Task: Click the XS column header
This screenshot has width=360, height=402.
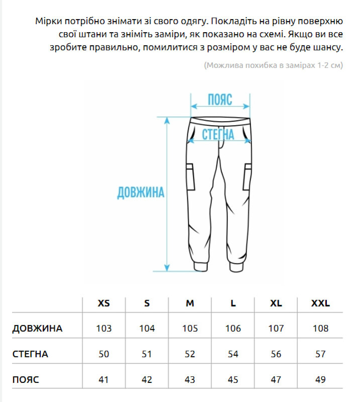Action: click(103, 304)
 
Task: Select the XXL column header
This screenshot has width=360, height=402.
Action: click(320, 304)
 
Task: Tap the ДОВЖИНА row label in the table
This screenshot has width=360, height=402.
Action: click(38, 329)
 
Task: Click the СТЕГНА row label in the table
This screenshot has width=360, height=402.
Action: click(30, 354)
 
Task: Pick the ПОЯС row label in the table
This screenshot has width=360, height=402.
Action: click(26, 380)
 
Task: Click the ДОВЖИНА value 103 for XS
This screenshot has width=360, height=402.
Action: click(103, 329)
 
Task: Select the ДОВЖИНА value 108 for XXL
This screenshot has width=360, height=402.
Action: click(320, 329)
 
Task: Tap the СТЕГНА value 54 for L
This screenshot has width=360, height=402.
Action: click(233, 354)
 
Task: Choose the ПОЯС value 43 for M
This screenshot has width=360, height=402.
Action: click(190, 380)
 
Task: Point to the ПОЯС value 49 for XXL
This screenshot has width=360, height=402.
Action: click(320, 380)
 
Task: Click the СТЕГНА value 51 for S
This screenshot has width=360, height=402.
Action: click(147, 354)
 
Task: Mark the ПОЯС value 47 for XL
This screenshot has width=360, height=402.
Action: click(276, 380)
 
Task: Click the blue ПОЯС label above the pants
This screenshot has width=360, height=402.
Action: click(220, 99)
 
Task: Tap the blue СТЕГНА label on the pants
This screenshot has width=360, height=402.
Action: click(218, 134)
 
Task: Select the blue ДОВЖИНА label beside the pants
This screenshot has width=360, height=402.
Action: click(141, 192)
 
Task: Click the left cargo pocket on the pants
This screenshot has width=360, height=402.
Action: click(190, 177)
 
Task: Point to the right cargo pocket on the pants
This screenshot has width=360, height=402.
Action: click(248, 177)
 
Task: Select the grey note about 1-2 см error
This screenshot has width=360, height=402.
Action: click(273, 65)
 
